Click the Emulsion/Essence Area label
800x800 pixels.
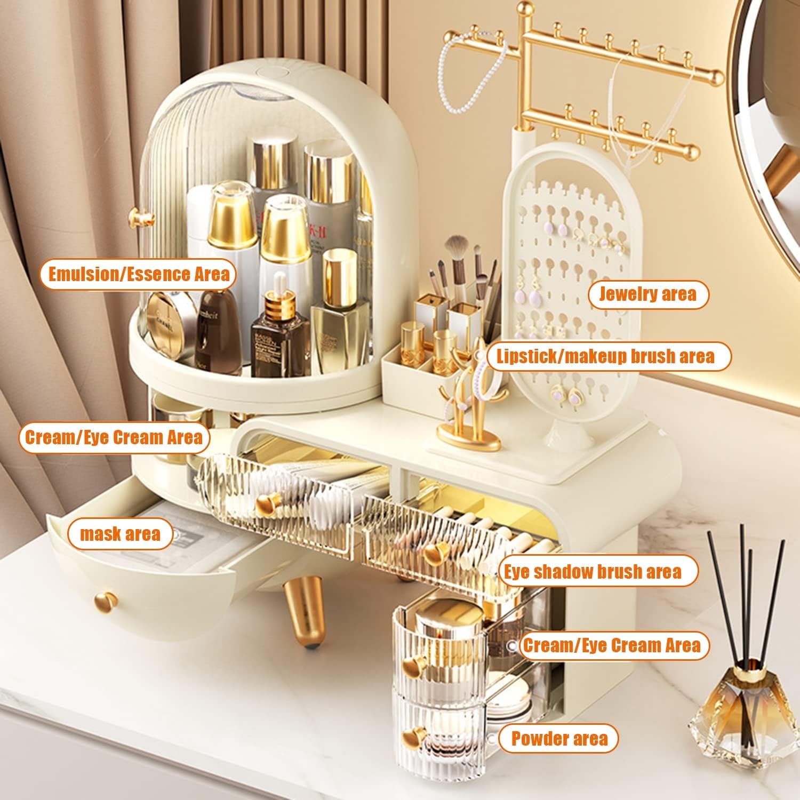click(x=138, y=274)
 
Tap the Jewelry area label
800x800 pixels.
click(x=647, y=294)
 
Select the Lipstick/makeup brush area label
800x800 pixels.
click(x=605, y=356)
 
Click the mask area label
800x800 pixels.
click(x=121, y=533)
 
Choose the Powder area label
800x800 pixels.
click(x=559, y=739)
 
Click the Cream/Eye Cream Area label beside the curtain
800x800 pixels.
click(x=114, y=437)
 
